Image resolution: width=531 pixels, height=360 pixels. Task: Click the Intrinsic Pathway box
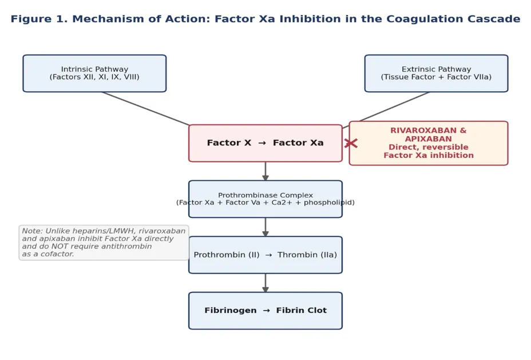94,73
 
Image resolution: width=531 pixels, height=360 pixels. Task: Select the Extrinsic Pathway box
436,73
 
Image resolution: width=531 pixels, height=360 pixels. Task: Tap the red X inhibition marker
351,143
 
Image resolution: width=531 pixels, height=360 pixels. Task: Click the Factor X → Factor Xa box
265,143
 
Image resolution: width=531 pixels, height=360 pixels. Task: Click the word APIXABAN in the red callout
429,139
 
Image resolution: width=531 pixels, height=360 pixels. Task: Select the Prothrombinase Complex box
265,199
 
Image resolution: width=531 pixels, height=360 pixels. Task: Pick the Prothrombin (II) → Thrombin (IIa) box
265,255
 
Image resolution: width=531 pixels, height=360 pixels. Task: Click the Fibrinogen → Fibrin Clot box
265,311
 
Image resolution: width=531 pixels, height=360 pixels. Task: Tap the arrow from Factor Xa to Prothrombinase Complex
265,171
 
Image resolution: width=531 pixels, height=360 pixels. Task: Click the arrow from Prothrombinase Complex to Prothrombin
265,227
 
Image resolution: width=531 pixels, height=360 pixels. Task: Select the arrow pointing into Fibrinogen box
265,283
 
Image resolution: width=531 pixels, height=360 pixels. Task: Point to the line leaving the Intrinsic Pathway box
145,109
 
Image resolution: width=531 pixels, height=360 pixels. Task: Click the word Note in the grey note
32,231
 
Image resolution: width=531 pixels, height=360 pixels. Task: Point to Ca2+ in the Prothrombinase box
280,203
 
